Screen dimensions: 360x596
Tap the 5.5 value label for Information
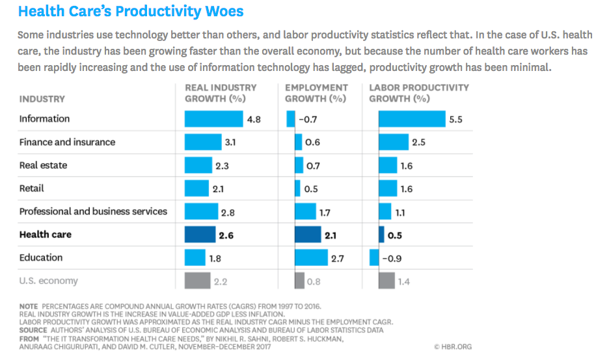[455, 119]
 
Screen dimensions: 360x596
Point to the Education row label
[41, 258]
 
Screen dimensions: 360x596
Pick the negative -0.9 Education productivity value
[392, 258]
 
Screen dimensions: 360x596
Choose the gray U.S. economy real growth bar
[193, 281]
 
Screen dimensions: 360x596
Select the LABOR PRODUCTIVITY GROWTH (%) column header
[418, 93]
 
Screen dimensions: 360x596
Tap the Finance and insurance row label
[67, 143]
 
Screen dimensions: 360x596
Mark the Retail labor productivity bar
[388, 189]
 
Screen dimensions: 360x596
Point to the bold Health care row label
[46, 235]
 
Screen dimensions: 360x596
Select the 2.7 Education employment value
[337, 258]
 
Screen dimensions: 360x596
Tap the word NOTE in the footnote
[29, 305]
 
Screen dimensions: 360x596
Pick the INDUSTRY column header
[42, 99]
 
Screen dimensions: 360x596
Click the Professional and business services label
[93, 212]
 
